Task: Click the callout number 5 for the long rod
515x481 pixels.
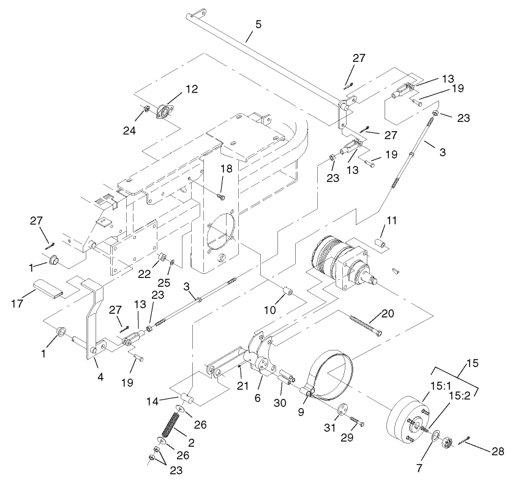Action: coord(258,25)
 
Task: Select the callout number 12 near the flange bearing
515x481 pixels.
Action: coord(192,89)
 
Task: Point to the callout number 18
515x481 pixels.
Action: coord(227,169)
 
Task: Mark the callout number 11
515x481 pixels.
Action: coord(391,219)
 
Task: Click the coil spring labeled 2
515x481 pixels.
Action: coord(171,423)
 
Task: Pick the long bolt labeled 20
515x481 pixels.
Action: coord(366,325)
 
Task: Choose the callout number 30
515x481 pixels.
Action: coord(280,402)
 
